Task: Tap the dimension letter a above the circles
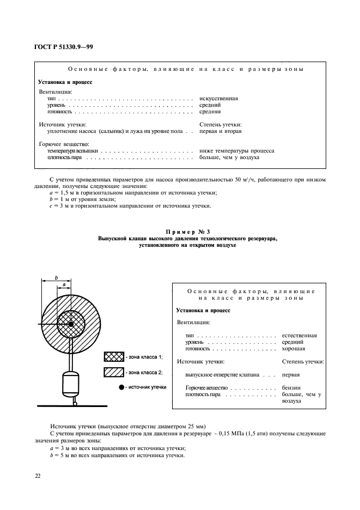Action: (64, 284)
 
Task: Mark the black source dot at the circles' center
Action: (71, 325)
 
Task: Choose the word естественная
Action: (300, 336)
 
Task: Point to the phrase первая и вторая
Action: (221, 131)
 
